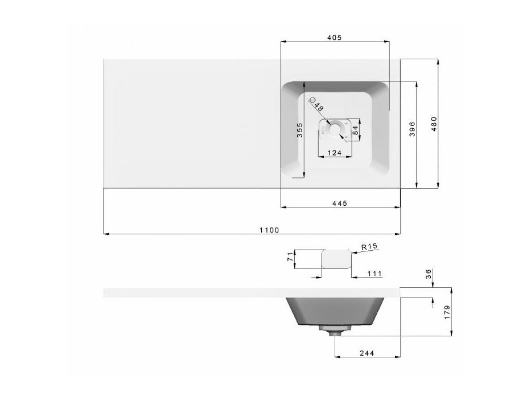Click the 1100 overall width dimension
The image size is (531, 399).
pos(269,230)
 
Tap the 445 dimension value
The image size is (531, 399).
pos(339,203)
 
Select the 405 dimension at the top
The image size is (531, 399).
pos(334,37)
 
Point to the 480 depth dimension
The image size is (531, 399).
pos(434,124)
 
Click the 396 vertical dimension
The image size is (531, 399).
pos(412,129)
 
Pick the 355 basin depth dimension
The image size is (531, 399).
pos(300,130)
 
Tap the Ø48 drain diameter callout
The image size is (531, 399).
pos(316,104)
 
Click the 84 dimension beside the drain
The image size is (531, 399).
pos(355,130)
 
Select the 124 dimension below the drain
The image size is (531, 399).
pos(334,153)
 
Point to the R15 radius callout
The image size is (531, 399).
pos(369,247)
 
